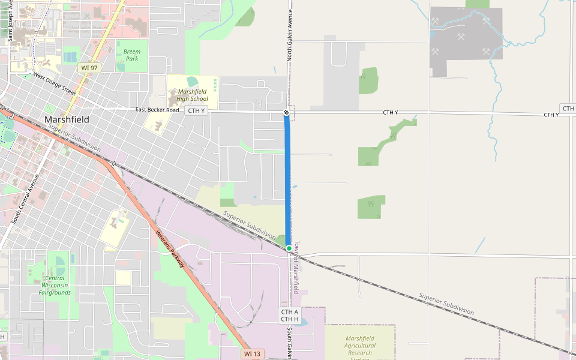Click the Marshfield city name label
(67, 119)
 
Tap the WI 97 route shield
(88, 68)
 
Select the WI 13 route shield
(253, 354)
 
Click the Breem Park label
(131, 55)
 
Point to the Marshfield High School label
(193, 95)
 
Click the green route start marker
(289, 248)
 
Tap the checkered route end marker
(286, 113)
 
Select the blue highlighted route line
(287, 180)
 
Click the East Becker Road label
(157, 110)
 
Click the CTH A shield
(289, 312)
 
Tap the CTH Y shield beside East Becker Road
(196, 110)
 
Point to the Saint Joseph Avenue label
(11, 20)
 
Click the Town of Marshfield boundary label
(296, 267)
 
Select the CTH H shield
(289, 319)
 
